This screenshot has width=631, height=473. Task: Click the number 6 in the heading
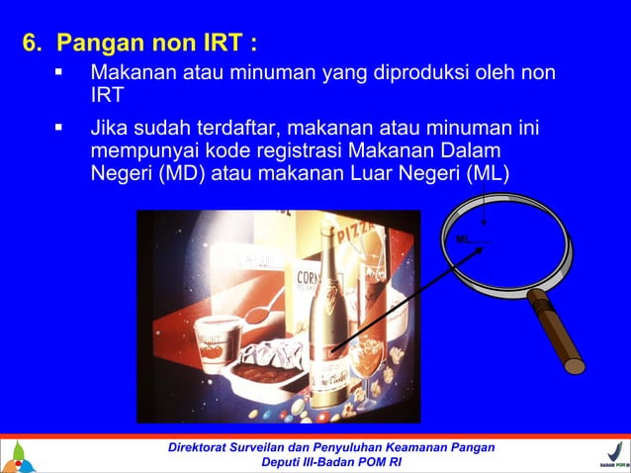31,45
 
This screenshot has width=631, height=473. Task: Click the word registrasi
289,152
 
